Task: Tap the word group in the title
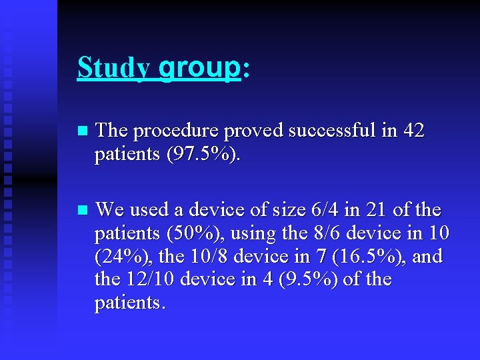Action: (199, 67)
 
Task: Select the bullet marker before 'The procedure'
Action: (82, 131)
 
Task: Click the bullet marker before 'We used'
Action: (82, 210)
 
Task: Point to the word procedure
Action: (175, 131)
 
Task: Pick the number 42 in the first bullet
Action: (413, 131)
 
